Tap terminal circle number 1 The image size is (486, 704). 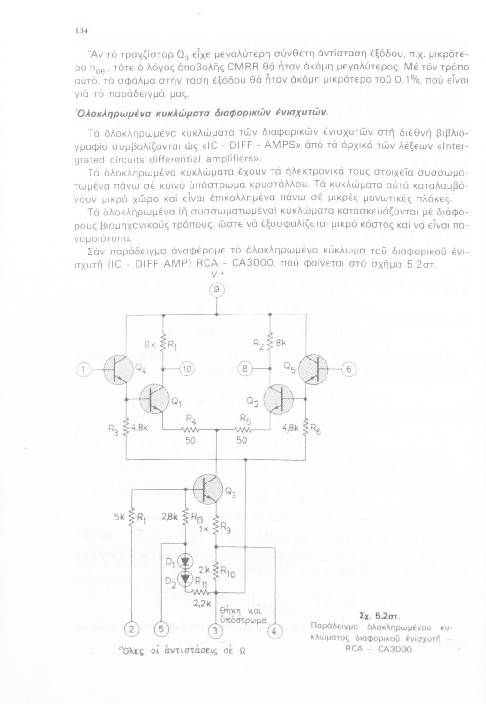(x=84, y=370)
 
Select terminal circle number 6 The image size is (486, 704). (x=349, y=370)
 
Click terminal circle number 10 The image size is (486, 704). (x=186, y=369)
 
